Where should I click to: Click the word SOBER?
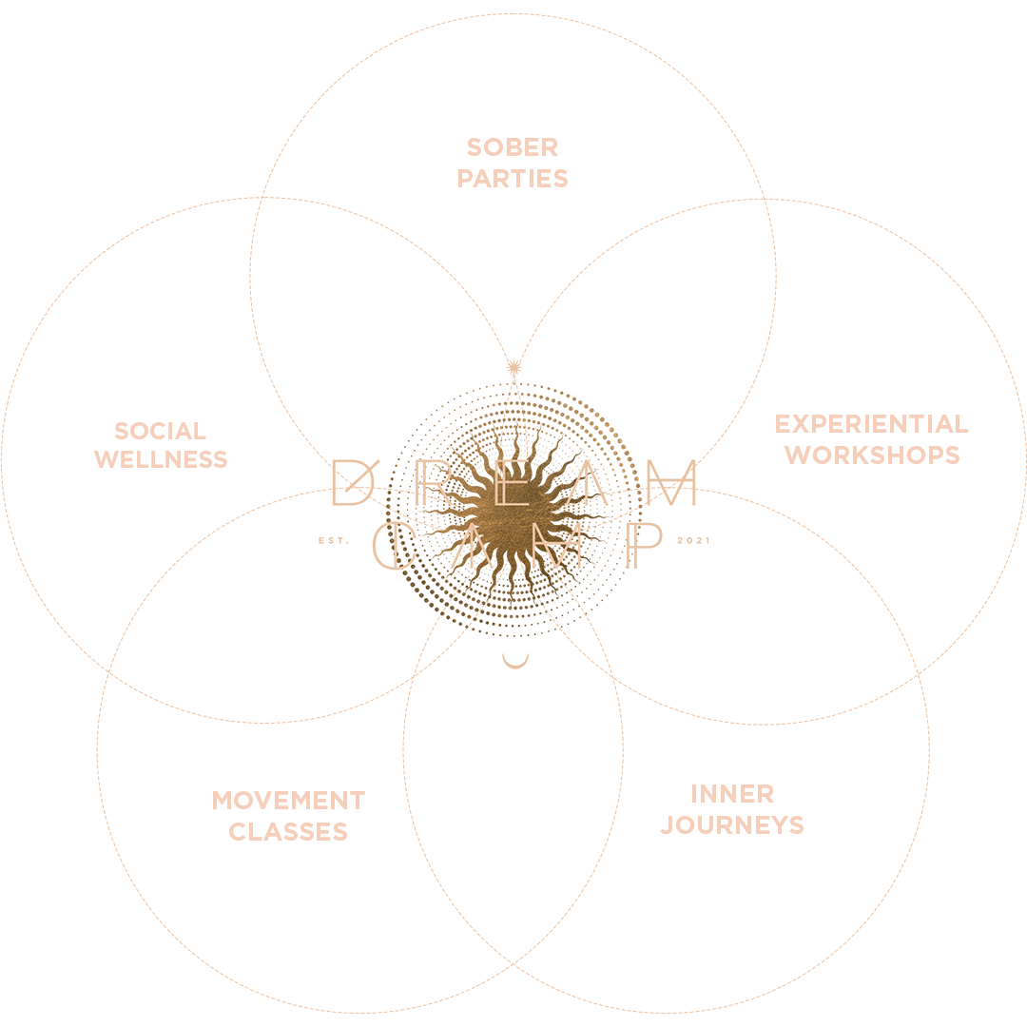tap(512, 147)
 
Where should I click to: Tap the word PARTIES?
tap(513, 179)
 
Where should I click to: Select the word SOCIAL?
tap(160, 431)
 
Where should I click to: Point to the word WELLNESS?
tap(161, 458)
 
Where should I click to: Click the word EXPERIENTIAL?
tap(871, 423)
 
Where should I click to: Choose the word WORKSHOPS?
tap(872, 455)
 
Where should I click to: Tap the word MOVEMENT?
tap(288, 801)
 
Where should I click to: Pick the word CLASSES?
tap(288, 832)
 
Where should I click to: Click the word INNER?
tap(732, 794)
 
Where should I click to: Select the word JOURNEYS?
tap(732, 825)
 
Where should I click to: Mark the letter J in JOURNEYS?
tap(668, 825)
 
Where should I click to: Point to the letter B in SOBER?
tap(512, 147)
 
